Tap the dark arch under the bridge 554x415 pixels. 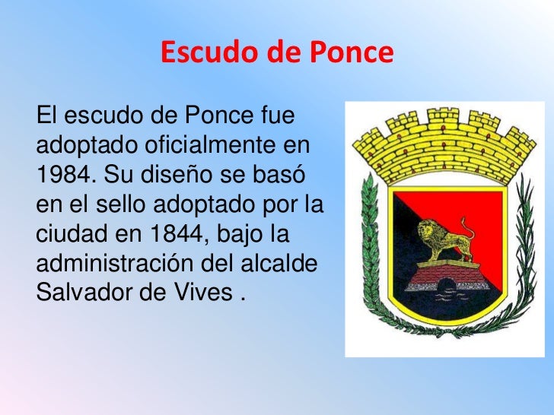tap(446, 287)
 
